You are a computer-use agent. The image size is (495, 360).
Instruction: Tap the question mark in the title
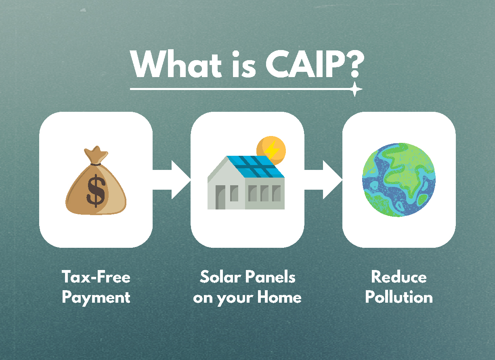click(x=350, y=65)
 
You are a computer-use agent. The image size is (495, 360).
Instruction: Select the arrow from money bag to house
click(x=172, y=180)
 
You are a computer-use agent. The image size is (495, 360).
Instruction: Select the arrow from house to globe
click(x=323, y=180)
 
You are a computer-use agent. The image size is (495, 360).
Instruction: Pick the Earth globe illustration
click(x=399, y=180)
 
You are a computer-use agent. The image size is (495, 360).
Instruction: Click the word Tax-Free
click(x=96, y=277)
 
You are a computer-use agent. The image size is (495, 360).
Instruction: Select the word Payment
click(x=96, y=298)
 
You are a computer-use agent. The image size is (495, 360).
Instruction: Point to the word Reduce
click(x=399, y=277)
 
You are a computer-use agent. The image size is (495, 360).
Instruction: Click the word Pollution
click(x=399, y=298)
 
